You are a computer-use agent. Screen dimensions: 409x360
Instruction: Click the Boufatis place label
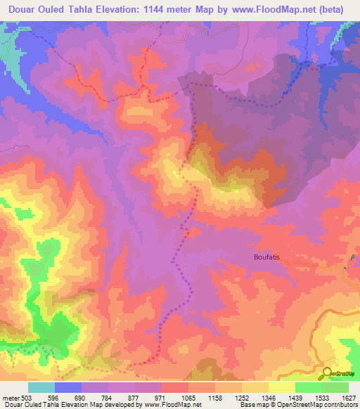click(266, 257)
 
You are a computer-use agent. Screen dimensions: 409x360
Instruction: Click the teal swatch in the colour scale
click(41, 387)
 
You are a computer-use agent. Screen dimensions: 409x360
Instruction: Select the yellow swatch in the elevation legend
click(281, 387)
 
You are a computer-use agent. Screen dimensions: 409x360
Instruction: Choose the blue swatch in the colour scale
click(68, 387)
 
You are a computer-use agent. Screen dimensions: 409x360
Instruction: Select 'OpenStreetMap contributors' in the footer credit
click(324, 405)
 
